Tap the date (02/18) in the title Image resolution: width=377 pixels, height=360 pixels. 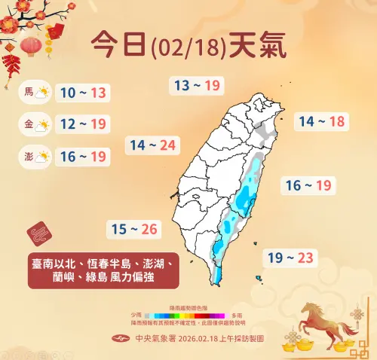pos(188,48)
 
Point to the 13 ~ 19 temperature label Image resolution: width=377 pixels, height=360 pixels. pos(197,85)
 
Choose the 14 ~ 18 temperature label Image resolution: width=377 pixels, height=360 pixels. pos(321,121)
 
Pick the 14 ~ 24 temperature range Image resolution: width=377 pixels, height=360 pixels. pos(153,145)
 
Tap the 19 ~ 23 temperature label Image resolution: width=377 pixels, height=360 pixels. pos(290,258)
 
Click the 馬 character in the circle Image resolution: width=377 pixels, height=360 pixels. pos(29,93)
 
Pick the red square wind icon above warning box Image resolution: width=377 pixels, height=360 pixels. pos(38,233)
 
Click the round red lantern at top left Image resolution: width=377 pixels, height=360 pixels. pos(32,46)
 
